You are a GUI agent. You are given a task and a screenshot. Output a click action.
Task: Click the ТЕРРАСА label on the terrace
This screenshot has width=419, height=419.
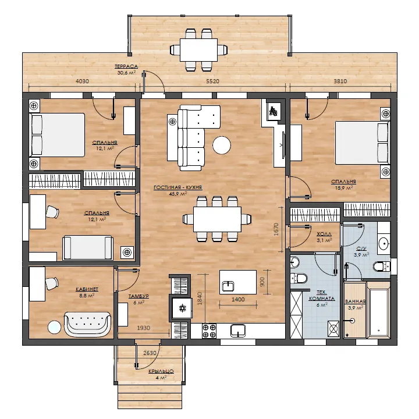(126, 66)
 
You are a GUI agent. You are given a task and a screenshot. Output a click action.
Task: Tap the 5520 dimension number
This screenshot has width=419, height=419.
(212, 81)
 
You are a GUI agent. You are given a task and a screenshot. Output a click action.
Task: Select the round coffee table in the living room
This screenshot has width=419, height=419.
(222, 145)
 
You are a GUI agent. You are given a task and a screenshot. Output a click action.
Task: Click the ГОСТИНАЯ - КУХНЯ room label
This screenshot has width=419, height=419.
(177, 187)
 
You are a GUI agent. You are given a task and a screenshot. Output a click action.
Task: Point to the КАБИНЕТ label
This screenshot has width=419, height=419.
(87, 289)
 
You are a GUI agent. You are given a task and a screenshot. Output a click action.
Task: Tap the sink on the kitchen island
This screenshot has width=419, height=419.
(228, 286)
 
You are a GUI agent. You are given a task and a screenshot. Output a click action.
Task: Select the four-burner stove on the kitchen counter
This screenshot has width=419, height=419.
(209, 331)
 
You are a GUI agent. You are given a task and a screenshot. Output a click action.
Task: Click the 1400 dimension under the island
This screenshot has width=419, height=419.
(238, 300)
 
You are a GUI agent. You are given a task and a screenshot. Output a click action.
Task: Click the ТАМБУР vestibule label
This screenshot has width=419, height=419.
(139, 296)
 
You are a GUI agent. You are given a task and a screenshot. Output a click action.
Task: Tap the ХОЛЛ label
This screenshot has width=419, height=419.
(324, 234)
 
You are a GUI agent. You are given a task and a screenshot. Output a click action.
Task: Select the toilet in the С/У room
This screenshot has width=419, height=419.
(381, 267)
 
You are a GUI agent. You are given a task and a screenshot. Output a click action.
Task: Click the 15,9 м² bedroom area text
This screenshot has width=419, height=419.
(344, 188)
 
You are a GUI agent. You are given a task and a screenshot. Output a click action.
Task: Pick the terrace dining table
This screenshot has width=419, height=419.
(198, 50)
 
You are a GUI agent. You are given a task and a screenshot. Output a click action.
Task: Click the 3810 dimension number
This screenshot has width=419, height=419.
(340, 81)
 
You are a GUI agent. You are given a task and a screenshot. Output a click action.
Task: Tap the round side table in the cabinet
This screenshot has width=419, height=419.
(55, 327)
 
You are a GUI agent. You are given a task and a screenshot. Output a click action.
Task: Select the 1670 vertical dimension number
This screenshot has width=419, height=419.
(276, 229)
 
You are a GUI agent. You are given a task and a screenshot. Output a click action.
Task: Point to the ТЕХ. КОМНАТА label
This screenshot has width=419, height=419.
(322, 296)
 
